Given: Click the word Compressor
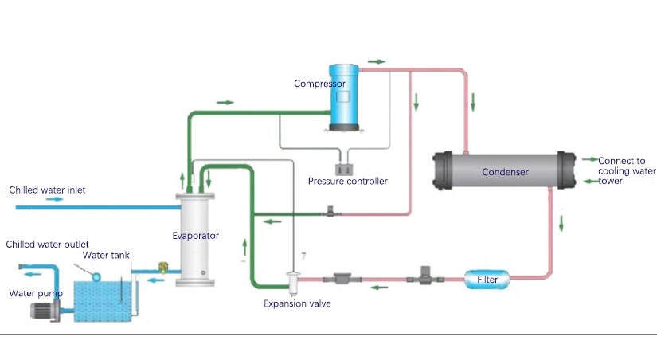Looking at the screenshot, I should tap(319, 84).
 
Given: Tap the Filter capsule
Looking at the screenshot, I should tap(487, 280).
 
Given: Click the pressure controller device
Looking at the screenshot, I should tap(346, 168).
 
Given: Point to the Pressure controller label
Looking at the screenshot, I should tap(348, 182).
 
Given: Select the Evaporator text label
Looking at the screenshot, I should tap(195, 236).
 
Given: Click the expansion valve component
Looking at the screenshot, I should tap(292, 280).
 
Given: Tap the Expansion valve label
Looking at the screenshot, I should tap(297, 303).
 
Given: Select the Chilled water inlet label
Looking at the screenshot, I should tap(47, 190).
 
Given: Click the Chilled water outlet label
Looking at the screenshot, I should tap(47, 244).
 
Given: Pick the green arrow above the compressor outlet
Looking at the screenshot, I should tap(377, 61).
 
